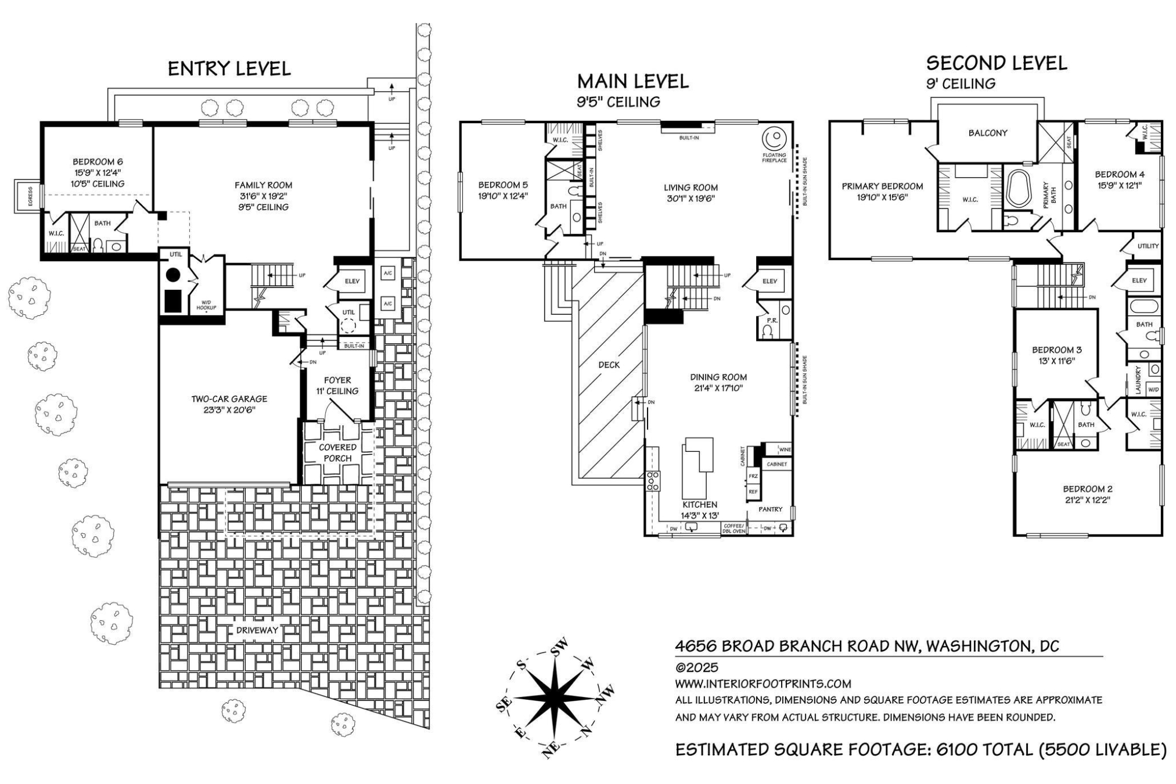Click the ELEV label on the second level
[1139, 280]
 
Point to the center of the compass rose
[555, 696]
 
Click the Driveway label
[257, 630]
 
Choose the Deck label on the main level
[609, 365]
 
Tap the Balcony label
[987, 133]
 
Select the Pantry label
[770, 509]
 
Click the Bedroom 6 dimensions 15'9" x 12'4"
[98, 173]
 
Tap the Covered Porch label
[337, 452]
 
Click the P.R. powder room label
[772, 321]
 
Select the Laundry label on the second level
[1138, 380]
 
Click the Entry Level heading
[229, 69]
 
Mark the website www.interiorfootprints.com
[763, 684]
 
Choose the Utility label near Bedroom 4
[1148, 246]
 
